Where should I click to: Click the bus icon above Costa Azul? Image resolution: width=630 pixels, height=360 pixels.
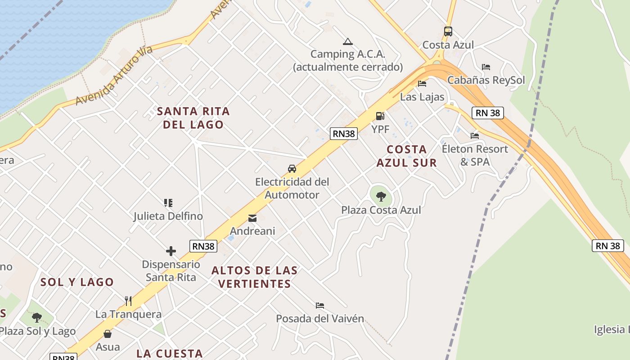pyautogui.click(x=448, y=31)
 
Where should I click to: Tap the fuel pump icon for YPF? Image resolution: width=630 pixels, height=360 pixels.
pyautogui.click(x=380, y=116)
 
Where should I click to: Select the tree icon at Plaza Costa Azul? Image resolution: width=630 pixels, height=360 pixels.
pyautogui.click(x=381, y=196)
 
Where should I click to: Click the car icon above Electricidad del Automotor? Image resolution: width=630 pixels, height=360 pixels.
pyautogui.click(x=292, y=169)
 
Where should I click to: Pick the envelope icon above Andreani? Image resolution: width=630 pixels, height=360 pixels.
pyautogui.click(x=252, y=218)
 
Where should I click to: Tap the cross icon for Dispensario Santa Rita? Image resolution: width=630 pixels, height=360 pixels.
pyautogui.click(x=171, y=251)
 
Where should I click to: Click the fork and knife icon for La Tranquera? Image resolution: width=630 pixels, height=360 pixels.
pyautogui.click(x=128, y=301)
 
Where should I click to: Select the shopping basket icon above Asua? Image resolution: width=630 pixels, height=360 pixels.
pyautogui.click(x=108, y=334)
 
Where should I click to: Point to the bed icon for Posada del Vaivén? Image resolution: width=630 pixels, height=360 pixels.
pyautogui.click(x=320, y=306)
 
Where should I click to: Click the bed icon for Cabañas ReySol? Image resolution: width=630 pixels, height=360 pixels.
pyautogui.click(x=486, y=67)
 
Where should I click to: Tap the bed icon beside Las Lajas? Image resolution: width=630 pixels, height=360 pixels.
pyautogui.click(x=422, y=84)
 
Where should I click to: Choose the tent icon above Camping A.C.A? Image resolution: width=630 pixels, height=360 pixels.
pyautogui.click(x=347, y=42)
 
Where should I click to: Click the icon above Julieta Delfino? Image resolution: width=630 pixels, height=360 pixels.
pyautogui.click(x=168, y=203)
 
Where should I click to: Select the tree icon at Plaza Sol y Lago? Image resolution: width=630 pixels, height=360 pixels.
pyautogui.click(x=37, y=318)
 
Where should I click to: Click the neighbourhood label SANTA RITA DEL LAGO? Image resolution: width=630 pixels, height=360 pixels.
pyautogui.click(x=193, y=118)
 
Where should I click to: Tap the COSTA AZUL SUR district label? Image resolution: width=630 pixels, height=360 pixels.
pyautogui.click(x=407, y=156)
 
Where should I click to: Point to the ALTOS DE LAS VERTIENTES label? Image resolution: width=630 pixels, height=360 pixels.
pyautogui.click(x=254, y=277)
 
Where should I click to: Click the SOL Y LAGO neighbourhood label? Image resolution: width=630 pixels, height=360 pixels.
pyautogui.click(x=77, y=282)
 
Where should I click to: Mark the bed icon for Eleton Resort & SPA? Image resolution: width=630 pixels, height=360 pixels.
pyautogui.click(x=475, y=135)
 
